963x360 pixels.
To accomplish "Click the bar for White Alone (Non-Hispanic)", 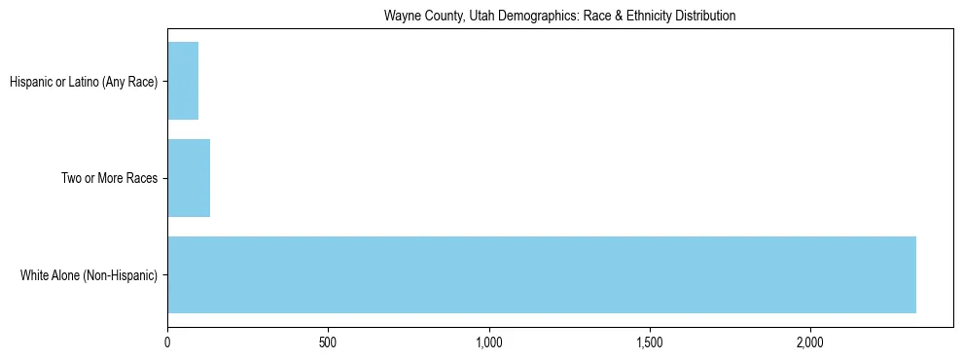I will coord(542,274).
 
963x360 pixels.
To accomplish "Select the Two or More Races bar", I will coord(189,178).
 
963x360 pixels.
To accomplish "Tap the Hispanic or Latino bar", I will coord(183,81).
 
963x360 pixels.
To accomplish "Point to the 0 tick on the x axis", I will coord(168,343).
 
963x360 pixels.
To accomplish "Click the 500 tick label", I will coord(328,343).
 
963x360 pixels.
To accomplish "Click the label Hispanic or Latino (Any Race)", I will coord(84,81).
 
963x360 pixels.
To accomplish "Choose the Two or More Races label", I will coord(109,178).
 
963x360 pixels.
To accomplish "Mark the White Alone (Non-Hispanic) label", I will coord(89,275).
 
